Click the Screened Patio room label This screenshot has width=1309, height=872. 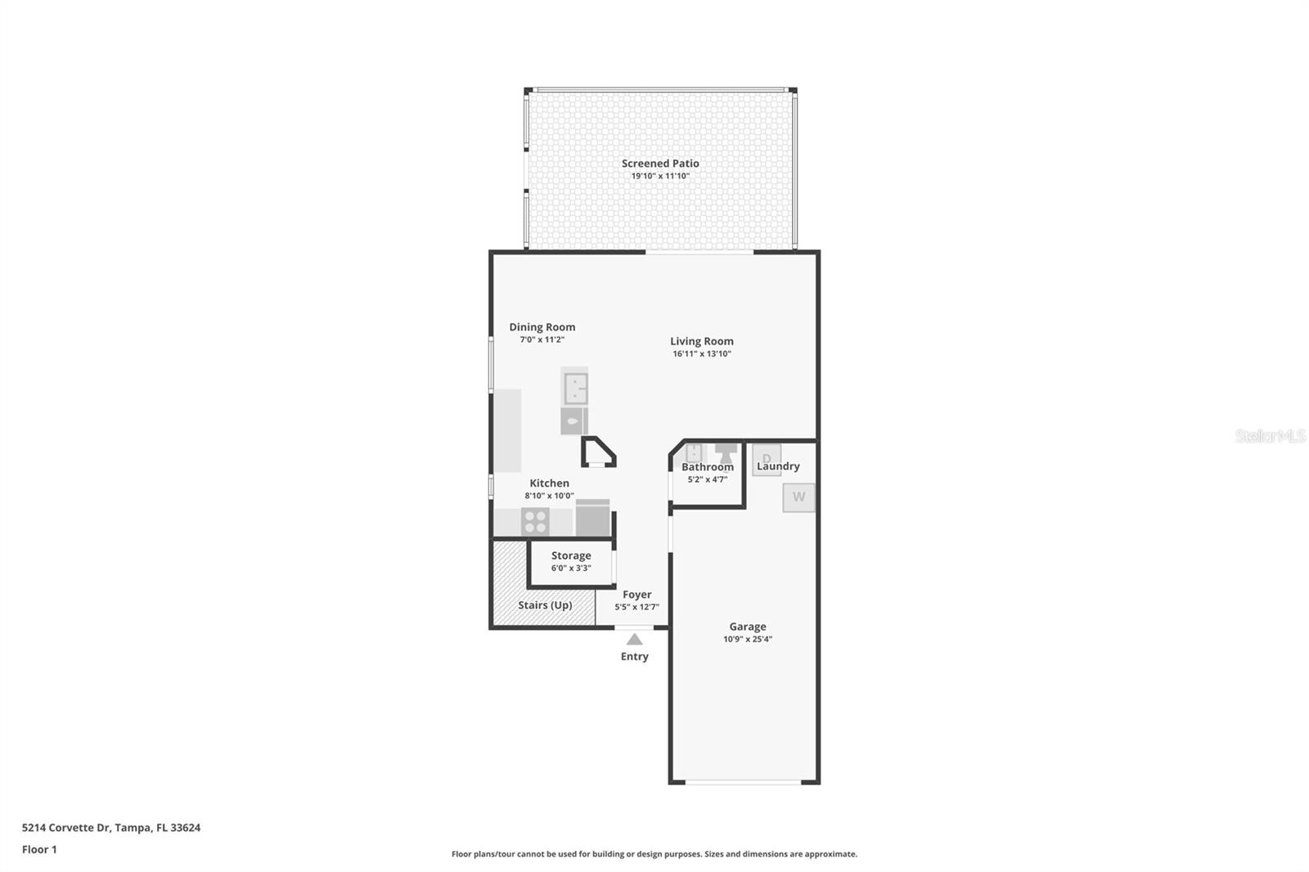tap(659, 164)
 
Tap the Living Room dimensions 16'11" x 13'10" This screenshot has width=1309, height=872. tap(701, 353)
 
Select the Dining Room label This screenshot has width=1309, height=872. tap(542, 327)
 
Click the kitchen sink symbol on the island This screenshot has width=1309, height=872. tap(576, 388)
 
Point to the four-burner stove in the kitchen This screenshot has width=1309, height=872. tap(535, 522)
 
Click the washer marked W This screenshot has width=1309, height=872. tap(798, 497)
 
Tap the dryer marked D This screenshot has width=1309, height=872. tap(766, 460)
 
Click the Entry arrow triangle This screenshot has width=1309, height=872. tap(634, 640)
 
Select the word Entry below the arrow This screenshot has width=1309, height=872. tap(634, 656)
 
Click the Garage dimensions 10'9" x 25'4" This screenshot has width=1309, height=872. tap(748, 639)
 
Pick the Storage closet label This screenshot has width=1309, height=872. tap(571, 555)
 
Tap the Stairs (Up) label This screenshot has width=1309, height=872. tap(545, 605)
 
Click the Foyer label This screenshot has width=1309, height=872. tap(637, 595)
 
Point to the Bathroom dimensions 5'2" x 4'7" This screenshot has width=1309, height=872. tap(707, 479)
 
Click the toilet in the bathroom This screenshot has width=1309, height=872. tap(726, 453)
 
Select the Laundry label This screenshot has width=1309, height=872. tap(778, 466)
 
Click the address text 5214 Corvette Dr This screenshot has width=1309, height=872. tap(66, 828)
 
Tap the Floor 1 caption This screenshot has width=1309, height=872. tap(39, 850)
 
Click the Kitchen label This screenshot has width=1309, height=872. tap(549, 483)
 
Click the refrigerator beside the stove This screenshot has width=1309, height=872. tap(592, 518)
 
